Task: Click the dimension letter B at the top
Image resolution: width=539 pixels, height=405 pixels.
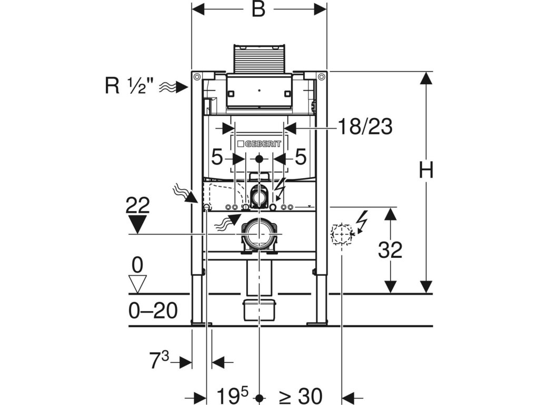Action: [x=258, y=10]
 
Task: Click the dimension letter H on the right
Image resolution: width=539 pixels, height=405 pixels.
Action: [x=426, y=170]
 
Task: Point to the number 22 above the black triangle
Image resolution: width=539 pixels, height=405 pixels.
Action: [x=138, y=205]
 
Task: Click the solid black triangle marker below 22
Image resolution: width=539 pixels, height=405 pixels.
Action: [x=138, y=225]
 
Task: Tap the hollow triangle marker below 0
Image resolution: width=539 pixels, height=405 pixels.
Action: [x=138, y=283]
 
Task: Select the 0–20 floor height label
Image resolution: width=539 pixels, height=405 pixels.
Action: [x=153, y=311]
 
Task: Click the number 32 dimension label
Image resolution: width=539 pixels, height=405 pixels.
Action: [x=390, y=250]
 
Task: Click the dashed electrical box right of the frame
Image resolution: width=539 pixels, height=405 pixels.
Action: [x=341, y=234]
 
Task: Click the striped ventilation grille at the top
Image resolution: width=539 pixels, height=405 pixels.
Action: [x=258, y=58]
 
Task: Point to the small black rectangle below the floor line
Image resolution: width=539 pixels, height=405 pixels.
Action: [x=258, y=310]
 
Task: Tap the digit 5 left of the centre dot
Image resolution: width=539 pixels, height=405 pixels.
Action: [x=217, y=157]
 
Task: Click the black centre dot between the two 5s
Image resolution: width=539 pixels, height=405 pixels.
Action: [x=258, y=158]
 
